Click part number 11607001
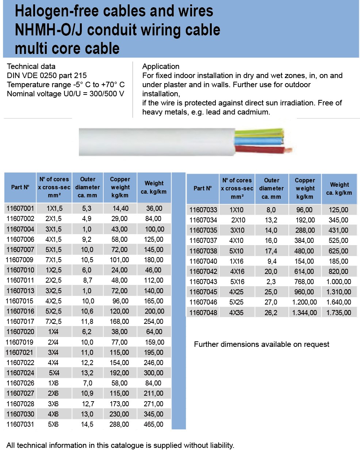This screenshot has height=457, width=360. [x=20, y=208]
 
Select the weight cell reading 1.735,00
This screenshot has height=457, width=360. [x=338, y=313]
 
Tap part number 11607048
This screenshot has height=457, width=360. [x=203, y=313]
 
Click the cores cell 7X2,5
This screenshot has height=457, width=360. [x=54, y=321]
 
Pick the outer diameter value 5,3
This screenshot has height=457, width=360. [x=87, y=208]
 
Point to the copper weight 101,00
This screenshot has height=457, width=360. [x=119, y=260]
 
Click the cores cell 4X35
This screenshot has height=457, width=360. [x=236, y=313]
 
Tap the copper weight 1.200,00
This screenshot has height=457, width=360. [x=305, y=302]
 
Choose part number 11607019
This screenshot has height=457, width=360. [x=20, y=342]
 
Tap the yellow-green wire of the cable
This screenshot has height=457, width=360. [x=259, y=132]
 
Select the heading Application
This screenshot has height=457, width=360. [x=161, y=66]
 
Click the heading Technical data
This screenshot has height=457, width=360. [x=31, y=66]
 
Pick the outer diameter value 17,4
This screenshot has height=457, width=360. [x=271, y=251]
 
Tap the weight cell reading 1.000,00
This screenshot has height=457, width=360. [x=338, y=282]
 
